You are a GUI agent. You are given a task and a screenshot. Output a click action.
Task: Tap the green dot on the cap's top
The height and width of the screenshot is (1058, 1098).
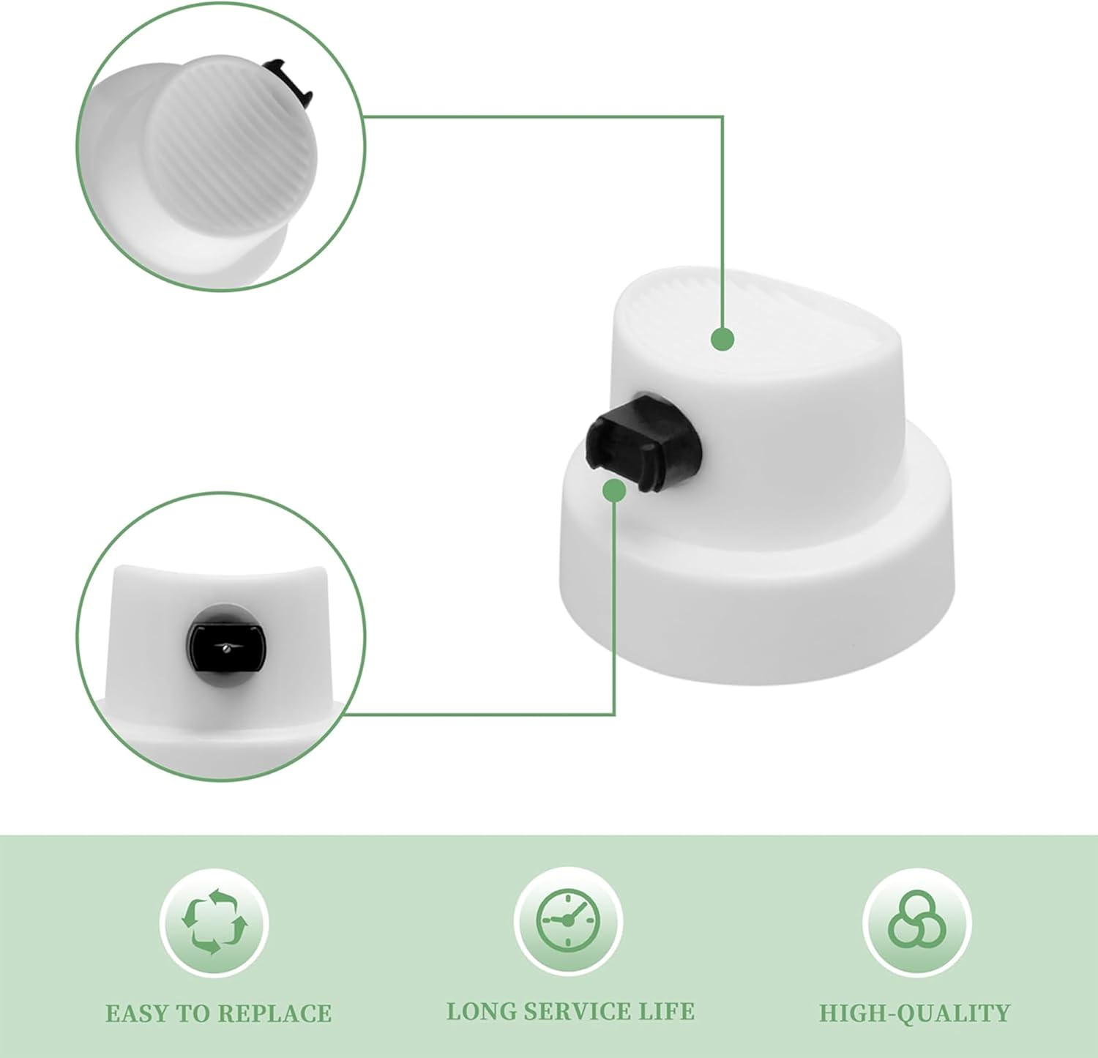coord(723,339)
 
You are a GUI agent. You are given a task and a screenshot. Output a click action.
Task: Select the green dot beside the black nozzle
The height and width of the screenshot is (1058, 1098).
coord(614,490)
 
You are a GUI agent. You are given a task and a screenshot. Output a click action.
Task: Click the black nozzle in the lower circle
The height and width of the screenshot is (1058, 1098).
coord(224,645)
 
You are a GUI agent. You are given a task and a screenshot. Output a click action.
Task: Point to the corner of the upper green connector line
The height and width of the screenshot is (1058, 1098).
coord(723,116)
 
